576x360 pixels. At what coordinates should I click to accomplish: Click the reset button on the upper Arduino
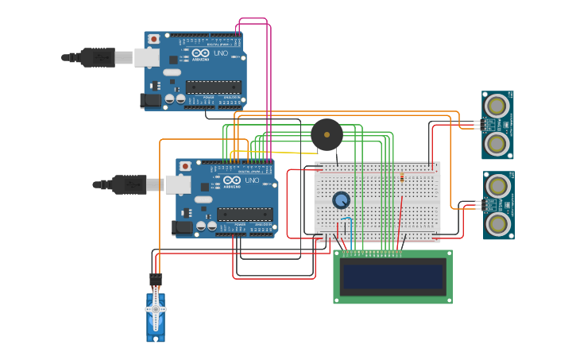point(153,39)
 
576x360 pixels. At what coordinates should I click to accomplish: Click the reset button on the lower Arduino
point(185,166)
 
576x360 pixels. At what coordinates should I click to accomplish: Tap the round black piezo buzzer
point(327,134)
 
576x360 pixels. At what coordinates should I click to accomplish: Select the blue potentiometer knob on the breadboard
point(342,200)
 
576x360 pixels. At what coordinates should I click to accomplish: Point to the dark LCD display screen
point(392,277)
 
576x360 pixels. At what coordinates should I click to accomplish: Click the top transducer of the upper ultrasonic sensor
point(497,105)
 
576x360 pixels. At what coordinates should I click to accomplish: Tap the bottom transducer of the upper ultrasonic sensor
point(497,143)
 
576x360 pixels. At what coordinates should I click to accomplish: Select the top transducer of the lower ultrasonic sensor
point(498,186)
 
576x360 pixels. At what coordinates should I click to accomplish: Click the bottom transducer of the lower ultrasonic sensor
point(498,223)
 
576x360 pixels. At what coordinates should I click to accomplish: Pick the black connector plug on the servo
point(156,280)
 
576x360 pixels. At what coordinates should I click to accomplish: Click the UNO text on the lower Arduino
point(251,181)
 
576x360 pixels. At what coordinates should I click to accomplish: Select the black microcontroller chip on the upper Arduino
point(213,87)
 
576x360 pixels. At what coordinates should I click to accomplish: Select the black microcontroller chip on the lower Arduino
point(245,214)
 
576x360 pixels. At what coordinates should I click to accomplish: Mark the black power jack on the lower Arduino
point(182,228)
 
